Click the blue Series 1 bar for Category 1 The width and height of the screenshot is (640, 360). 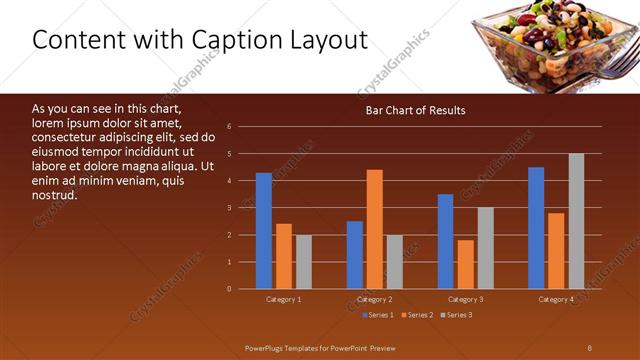tap(263, 231)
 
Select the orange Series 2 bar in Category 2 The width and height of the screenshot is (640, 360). tap(374, 229)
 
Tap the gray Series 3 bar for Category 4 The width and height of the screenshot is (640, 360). tap(576, 221)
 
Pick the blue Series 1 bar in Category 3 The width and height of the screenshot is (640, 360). tap(446, 241)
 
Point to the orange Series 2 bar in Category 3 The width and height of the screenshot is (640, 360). tap(465, 264)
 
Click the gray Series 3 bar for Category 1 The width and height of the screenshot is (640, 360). tap(303, 262)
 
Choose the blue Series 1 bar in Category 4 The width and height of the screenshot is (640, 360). tap(536, 228)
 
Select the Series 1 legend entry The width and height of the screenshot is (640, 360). tap(376, 315)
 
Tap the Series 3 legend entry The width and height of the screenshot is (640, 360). tap(456, 315)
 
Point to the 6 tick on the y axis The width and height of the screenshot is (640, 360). tap(230, 127)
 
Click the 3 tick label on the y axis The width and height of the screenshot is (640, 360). tap(230, 208)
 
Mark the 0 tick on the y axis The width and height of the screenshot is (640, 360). tap(230, 289)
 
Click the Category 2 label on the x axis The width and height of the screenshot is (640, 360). tap(374, 299)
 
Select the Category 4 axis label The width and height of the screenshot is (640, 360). tap(556, 299)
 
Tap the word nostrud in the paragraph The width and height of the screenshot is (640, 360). tap(55, 194)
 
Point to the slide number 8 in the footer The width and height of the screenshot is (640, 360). tap(589, 347)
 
